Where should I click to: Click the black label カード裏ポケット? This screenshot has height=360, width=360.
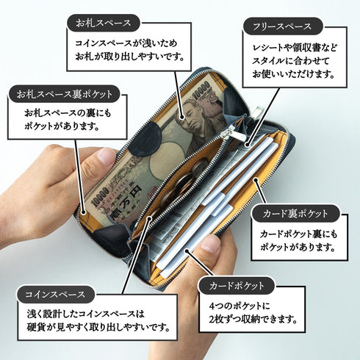click(x=295, y=214)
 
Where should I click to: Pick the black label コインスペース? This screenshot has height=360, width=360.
click(x=56, y=295)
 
